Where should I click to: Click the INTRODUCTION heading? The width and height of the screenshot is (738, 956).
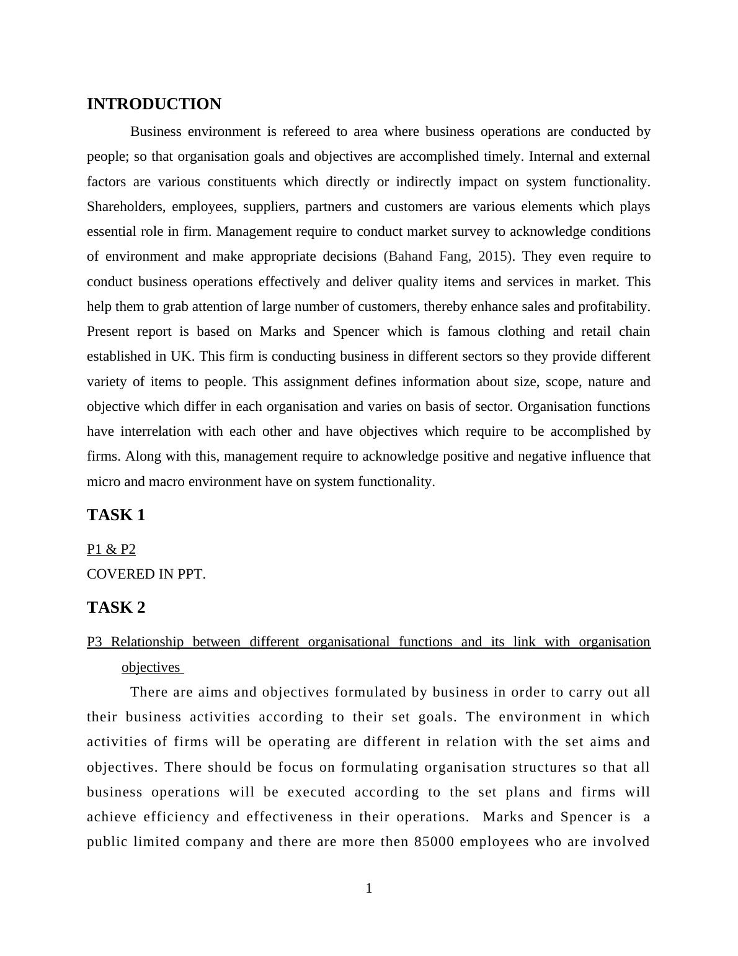[x=154, y=104]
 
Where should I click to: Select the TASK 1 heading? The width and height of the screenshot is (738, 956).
[x=116, y=515]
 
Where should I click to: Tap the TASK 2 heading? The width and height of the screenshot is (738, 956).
[x=116, y=608]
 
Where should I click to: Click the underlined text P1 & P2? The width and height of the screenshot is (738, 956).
[x=111, y=549]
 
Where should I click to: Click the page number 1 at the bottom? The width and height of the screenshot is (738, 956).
[x=369, y=888]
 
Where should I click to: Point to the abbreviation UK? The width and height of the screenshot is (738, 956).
[x=182, y=356]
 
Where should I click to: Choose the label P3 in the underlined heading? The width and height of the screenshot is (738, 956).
[x=94, y=642]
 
